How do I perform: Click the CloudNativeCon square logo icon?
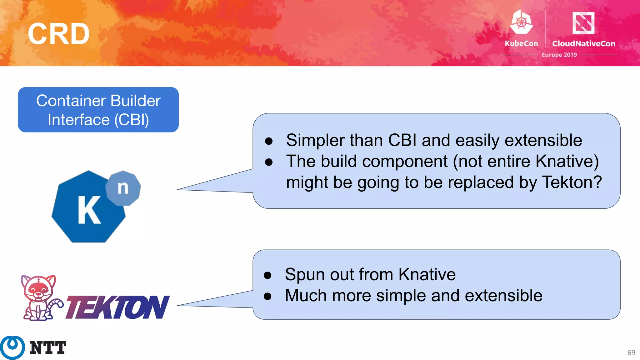(583, 23)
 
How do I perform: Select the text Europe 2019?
(559, 55)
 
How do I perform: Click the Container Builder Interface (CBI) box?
(98, 110)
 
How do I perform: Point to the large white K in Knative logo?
(89, 210)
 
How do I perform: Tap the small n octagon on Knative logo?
(123, 188)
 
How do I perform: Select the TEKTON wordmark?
(117, 307)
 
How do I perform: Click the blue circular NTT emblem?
(12, 347)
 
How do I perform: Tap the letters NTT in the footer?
(48, 348)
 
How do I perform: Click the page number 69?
(631, 352)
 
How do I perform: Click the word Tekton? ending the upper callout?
(572, 182)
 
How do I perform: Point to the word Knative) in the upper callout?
(567, 161)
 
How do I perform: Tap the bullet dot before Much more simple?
(267, 296)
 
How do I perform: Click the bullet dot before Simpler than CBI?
(269, 141)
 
